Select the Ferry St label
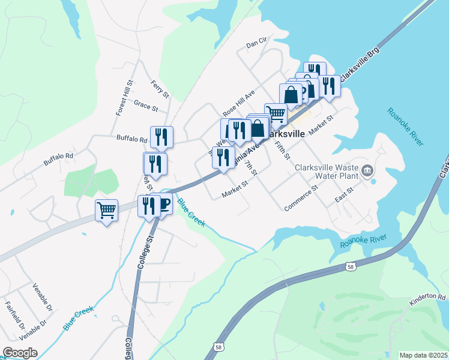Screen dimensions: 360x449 (x=161, y=89)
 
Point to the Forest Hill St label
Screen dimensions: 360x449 (x=122, y=98)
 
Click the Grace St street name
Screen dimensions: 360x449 (x=145, y=106)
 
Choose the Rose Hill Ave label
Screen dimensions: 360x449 (x=239, y=103)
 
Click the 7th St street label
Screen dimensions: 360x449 (x=251, y=169)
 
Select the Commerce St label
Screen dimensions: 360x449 (x=301, y=198)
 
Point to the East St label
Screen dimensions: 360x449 (x=344, y=194)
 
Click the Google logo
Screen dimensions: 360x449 (x=20, y=353)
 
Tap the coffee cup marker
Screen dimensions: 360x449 (x=163, y=205)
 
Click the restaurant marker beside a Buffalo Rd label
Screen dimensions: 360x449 (x=161, y=137)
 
